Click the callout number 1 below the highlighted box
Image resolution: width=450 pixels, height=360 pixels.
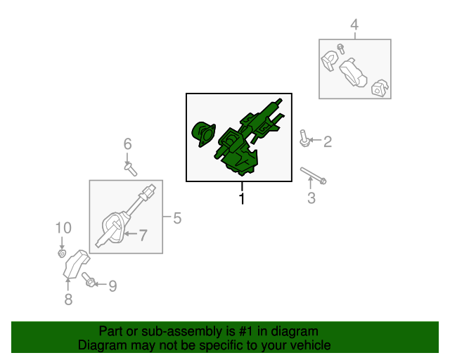(242, 198)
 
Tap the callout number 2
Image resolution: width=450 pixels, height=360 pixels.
(328, 141)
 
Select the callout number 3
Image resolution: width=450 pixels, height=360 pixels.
(311, 198)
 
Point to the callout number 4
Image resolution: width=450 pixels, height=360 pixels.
(354, 25)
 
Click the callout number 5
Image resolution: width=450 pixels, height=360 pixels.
(177, 218)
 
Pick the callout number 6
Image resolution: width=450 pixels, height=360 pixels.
(128, 144)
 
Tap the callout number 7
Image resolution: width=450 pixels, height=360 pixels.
(143, 235)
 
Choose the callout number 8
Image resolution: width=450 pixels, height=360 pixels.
(68, 299)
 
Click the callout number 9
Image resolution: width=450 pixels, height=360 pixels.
(112, 286)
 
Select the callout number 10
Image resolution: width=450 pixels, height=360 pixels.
(63, 228)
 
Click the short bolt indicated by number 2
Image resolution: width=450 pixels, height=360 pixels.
(304, 138)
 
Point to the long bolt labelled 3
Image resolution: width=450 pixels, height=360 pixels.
(314, 176)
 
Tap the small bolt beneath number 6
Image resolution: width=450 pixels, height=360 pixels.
(131, 169)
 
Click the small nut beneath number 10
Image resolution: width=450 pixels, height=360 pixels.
(62, 254)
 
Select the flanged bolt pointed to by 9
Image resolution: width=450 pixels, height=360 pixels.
(89, 279)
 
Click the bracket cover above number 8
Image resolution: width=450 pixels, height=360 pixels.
(76, 264)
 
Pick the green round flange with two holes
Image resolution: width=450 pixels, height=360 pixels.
(203, 134)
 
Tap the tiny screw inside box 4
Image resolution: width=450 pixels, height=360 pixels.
(341, 49)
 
